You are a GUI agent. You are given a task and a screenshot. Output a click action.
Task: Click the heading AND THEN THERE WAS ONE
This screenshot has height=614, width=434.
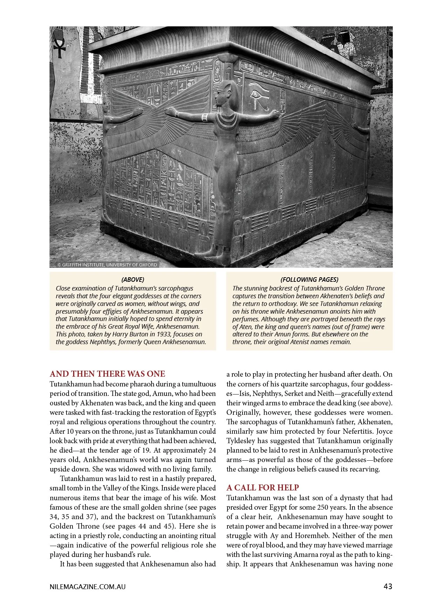click(x=107, y=374)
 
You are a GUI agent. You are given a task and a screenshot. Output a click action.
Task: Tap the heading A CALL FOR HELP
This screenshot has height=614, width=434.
click(x=262, y=487)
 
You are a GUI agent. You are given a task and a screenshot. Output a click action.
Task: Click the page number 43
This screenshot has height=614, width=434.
click(x=387, y=586)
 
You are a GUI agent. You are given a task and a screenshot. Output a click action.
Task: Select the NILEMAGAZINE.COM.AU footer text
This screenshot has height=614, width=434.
click(x=87, y=587)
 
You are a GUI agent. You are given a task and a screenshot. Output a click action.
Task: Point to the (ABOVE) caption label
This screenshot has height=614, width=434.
click(x=133, y=279)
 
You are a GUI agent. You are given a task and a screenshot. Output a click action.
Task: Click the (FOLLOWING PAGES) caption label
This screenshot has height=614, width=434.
click(x=309, y=279)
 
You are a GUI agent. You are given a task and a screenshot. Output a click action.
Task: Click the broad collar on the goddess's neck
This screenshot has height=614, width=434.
click(x=224, y=120)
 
